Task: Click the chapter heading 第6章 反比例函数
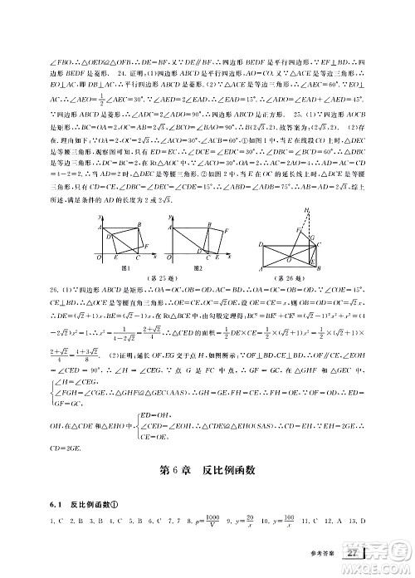207,470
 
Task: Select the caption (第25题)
160,280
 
